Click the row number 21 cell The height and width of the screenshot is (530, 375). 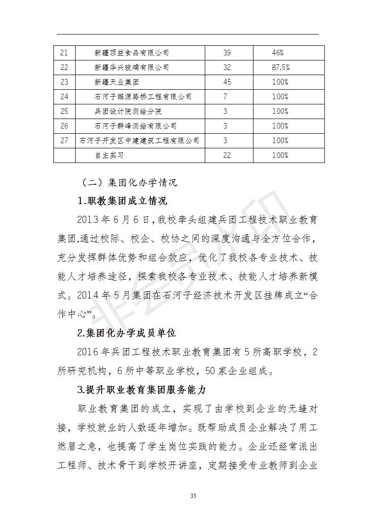tap(64, 53)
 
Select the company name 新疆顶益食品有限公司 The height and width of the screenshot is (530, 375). tap(131, 53)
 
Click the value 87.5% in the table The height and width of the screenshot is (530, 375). tap(280, 68)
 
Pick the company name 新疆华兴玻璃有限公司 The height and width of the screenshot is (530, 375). tap(131, 68)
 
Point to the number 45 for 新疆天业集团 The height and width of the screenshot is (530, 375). tap(227, 82)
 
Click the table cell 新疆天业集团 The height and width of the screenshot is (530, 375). tap(116, 82)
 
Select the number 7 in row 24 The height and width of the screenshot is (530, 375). tap(226, 97)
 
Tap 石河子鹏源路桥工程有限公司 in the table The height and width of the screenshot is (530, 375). tap(143, 97)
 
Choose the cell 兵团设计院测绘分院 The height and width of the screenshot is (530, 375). tap(124, 111)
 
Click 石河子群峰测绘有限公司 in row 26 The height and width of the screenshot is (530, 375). tap(135, 126)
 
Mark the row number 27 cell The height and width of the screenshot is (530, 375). tap(64, 141)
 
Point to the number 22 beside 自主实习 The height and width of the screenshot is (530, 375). tap(227, 155)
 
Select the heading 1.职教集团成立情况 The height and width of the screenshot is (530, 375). tap(122, 201)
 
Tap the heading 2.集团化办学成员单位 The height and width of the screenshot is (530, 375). tap(126, 333)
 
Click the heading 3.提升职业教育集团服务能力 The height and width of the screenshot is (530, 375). tap(141, 390)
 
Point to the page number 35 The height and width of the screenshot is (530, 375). tap(193, 496)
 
